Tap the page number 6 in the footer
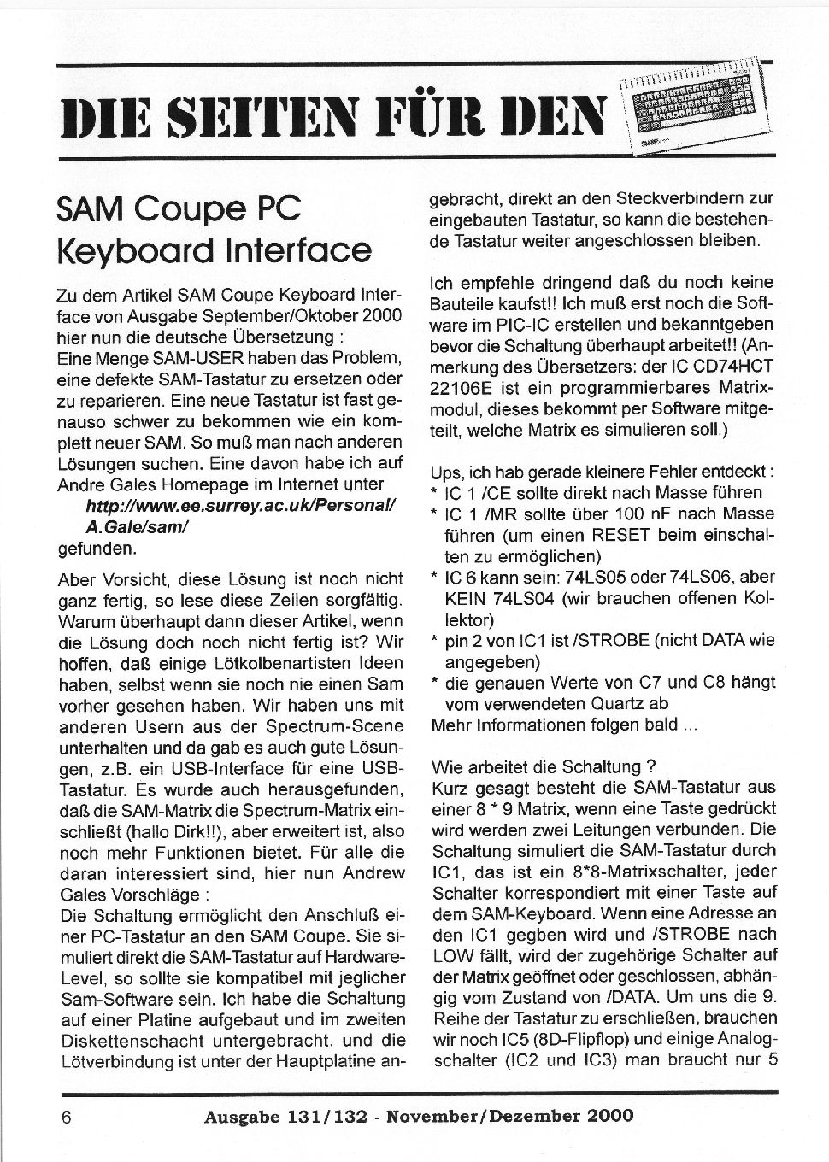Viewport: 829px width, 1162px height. (x=66, y=1115)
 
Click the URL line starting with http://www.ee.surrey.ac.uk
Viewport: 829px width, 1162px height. (x=240, y=506)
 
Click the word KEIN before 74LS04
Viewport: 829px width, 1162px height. (x=467, y=599)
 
